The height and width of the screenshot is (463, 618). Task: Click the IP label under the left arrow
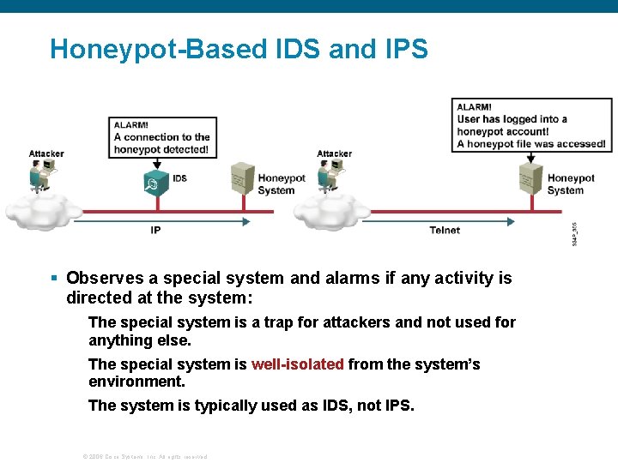pyautogui.click(x=155, y=230)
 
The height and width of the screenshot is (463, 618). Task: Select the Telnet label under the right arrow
pyautogui.click(x=445, y=230)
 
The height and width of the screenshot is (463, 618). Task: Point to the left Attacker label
pyautogui.click(x=46, y=154)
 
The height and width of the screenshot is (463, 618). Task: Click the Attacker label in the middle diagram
pyautogui.click(x=334, y=154)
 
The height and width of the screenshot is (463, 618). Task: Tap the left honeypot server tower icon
pyautogui.click(x=241, y=179)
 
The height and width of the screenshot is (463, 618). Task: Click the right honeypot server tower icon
pyautogui.click(x=530, y=179)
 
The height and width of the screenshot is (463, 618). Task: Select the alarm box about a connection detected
pyautogui.click(x=161, y=137)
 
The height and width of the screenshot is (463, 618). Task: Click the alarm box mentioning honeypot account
pyautogui.click(x=532, y=125)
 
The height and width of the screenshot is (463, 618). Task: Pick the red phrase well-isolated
pyautogui.click(x=297, y=364)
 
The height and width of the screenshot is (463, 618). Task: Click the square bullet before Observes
pyautogui.click(x=54, y=278)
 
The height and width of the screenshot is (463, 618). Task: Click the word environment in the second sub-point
pyautogui.click(x=135, y=381)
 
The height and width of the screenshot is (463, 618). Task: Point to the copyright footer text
pyautogui.click(x=144, y=456)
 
